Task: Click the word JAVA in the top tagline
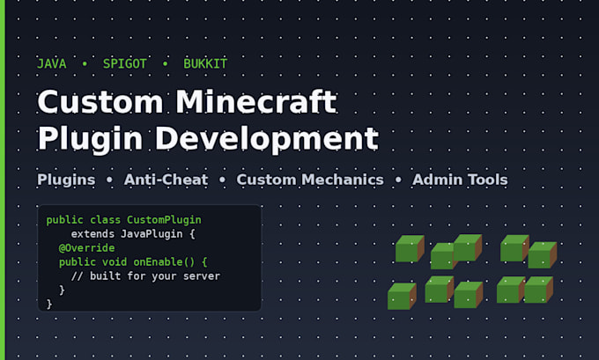(52, 63)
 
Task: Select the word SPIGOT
(124, 63)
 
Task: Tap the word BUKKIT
(205, 63)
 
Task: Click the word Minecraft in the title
(256, 101)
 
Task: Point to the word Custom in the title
(100, 102)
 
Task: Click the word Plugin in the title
(90, 139)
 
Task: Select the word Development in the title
(267, 139)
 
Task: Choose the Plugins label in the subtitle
(66, 180)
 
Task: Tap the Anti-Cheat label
(166, 180)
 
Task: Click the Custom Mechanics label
(310, 180)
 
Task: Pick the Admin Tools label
(460, 180)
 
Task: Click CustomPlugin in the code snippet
(164, 220)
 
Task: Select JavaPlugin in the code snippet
(152, 233)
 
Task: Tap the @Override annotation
(86, 247)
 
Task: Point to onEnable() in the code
(164, 262)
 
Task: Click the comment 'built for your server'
(155, 276)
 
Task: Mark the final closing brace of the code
(49, 305)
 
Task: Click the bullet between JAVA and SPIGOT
(85, 63)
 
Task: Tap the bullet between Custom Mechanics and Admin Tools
(398, 180)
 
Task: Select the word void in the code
(115, 262)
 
